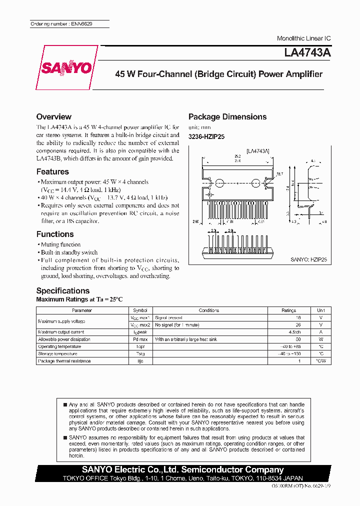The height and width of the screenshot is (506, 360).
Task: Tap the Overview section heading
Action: point(54,117)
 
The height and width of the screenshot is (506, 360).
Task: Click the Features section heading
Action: point(52,172)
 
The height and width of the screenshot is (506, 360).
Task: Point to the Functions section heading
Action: point(55,234)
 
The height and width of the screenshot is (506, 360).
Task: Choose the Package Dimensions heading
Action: point(227,117)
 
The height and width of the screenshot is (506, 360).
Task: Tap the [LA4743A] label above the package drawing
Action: point(258,150)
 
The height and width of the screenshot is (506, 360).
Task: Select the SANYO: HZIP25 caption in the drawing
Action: point(308,260)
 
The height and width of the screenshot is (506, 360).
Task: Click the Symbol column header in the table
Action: point(140,310)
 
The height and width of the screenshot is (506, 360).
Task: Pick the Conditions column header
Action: point(209,310)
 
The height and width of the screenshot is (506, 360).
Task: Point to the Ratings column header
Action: point(289,310)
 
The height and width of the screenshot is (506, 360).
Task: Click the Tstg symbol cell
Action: point(140,353)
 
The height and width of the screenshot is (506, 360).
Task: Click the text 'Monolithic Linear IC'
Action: point(304,38)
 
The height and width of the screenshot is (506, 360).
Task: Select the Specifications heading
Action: point(63,291)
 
